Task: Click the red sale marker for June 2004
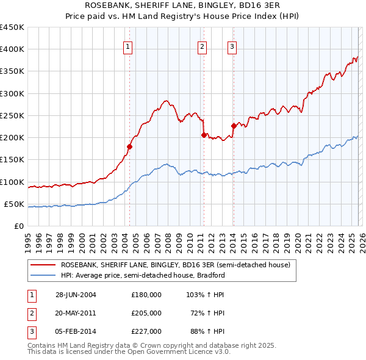click(x=129, y=146)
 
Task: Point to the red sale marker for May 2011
click(x=204, y=135)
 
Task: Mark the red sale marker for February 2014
click(x=233, y=126)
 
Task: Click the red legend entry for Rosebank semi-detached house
click(x=178, y=265)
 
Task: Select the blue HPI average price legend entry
click(x=143, y=275)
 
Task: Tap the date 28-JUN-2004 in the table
click(x=76, y=294)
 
